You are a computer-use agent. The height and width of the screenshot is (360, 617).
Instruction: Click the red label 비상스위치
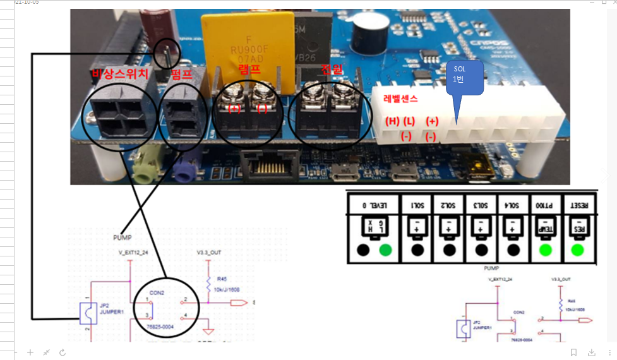click(120, 75)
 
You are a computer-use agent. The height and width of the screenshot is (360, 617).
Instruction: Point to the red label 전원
click(332, 69)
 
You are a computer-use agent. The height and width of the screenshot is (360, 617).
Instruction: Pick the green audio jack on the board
click(145, 169)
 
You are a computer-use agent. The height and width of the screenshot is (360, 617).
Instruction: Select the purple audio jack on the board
click(184, 170)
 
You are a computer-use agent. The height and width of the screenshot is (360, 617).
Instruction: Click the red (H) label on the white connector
click(392, 121)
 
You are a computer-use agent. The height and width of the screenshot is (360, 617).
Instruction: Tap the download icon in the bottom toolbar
click(592, 352)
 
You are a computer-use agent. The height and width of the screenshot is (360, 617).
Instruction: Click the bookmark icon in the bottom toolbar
click(573, 352)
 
